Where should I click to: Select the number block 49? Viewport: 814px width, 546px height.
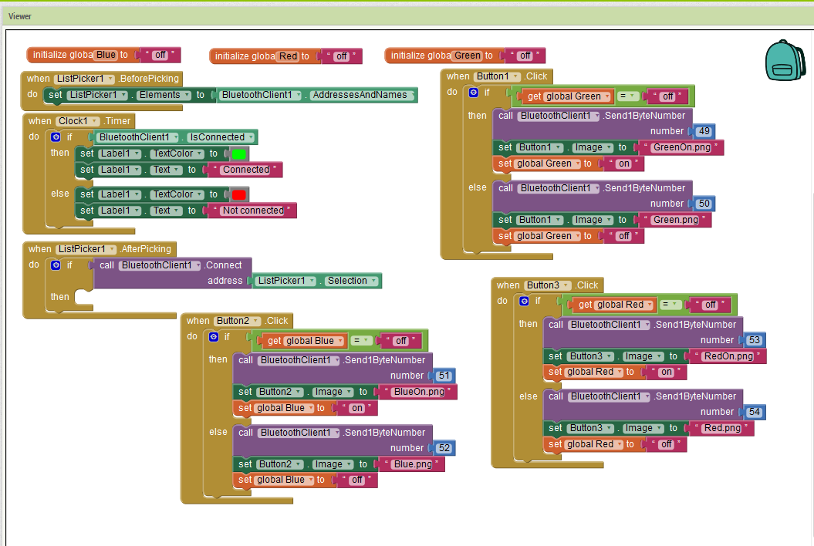[704, 131]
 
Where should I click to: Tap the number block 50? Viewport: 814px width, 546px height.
[704, 204]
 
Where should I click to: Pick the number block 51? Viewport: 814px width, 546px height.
[444, 376]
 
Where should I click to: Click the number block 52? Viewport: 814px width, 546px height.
[444, 448]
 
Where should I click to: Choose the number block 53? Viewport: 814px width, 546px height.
[755, 340]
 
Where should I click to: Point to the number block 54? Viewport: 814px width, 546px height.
[755, 413]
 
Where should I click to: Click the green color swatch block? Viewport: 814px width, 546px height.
[239, 153]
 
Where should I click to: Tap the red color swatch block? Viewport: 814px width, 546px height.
[239, 194]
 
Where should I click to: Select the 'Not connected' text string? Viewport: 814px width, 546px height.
[252, 211]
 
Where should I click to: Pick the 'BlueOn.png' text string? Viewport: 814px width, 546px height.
[419, 392]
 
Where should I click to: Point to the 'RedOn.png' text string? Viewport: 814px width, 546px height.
[728, 356]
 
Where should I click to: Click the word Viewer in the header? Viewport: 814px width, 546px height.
[20, 16]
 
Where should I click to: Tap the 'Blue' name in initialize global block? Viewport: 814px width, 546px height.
[106, 55]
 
